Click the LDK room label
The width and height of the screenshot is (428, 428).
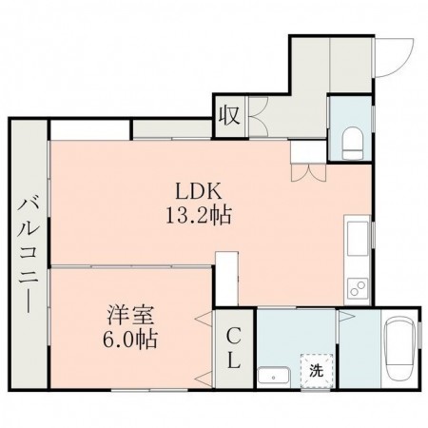click(x=196, y=189)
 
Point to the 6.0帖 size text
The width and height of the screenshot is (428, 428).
click(x=126, y=338)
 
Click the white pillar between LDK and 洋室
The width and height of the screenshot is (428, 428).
click(x=226, y=276)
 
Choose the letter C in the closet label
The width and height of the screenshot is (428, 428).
click(x=234, y=336)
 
